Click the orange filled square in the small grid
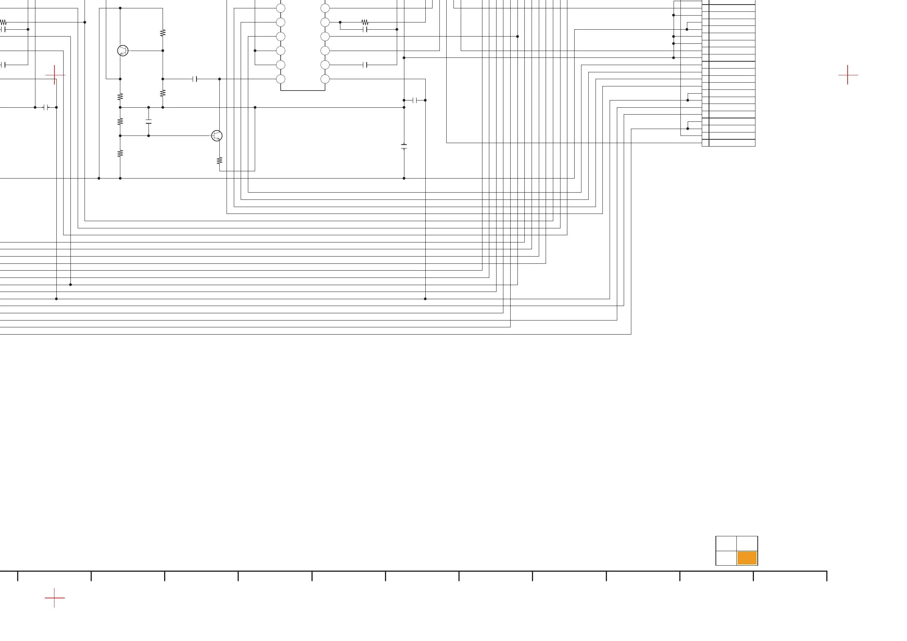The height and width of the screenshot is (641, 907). point(747,558)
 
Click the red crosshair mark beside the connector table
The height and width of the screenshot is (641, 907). point(847,75)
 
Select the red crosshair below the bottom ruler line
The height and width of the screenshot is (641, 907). point(54,598)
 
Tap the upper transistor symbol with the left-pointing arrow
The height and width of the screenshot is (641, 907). point(123,51)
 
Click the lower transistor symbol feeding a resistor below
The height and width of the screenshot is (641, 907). point(217,136)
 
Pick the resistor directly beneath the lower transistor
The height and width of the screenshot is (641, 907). point(220,160)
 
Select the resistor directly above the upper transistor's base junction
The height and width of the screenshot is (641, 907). point(163,33)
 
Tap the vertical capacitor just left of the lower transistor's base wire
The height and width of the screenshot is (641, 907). point(149,121)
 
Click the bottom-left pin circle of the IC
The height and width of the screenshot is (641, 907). point(281,79)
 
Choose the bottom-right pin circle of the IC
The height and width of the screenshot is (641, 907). point(325,79)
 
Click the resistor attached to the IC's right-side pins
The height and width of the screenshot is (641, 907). point(365,22)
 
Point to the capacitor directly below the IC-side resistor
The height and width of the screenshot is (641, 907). point(365,29)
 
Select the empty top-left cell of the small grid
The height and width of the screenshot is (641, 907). point(726,544)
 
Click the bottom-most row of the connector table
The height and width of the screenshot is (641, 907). point(731,143)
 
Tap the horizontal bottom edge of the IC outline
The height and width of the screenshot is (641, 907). point(303,91)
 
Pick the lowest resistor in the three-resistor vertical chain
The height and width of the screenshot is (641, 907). point(120,153)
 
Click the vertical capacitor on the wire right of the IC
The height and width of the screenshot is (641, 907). point(404,147)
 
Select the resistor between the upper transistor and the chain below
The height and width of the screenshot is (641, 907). point(120,96)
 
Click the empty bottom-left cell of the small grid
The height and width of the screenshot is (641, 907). point(726,558)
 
